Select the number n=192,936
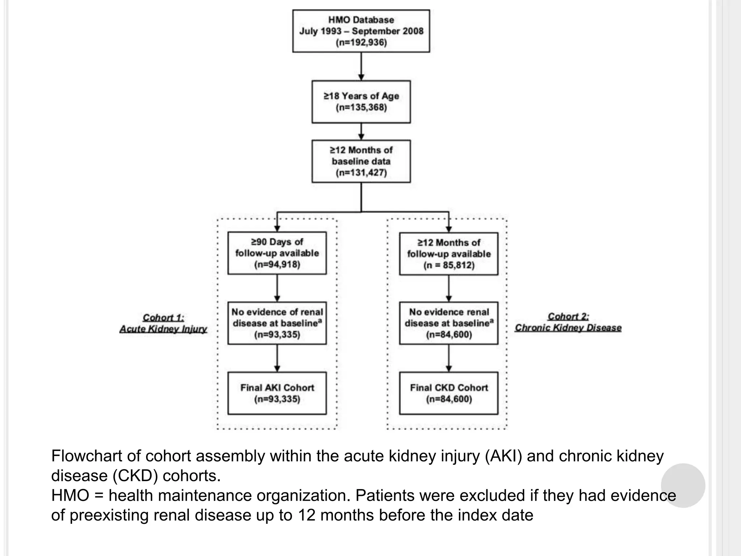pos(361,43)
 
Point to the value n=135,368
pos(361,108)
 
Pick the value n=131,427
pos(361,173)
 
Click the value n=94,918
pos(277,265)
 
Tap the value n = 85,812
pos(449,265)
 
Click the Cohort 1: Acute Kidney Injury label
pos(163,323)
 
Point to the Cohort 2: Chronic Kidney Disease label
pos(568,322)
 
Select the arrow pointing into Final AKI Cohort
pos(277,358)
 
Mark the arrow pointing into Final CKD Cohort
pos(449,358)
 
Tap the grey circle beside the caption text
pos(683,485)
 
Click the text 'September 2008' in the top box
pos(387,31)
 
